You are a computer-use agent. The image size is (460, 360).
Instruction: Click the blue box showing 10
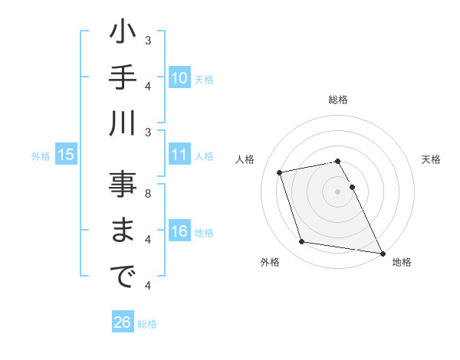pos(179,78)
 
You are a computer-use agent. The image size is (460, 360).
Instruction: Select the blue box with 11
pos(179,155)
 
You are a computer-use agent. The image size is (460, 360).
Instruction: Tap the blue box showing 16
pos(179,232)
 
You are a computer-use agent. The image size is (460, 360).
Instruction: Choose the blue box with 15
pos(66,155)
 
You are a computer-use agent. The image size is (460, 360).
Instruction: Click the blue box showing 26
pos(122,323)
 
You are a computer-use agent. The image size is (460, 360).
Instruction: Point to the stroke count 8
pos(148,193)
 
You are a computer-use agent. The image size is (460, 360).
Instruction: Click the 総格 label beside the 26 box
pos(148,324)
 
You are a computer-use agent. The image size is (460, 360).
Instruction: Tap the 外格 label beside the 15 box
pos(41,156)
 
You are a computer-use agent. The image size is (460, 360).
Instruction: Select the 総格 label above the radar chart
pos(338,100)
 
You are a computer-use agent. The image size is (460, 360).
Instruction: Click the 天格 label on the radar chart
pos(431,159)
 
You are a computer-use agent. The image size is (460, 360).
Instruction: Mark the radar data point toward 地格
pos(381,252)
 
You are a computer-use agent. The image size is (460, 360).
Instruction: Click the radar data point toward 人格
pos(280,172)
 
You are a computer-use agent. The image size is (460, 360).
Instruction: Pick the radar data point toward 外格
pos(302,242)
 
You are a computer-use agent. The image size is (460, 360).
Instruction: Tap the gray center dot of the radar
pos(337,191)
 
